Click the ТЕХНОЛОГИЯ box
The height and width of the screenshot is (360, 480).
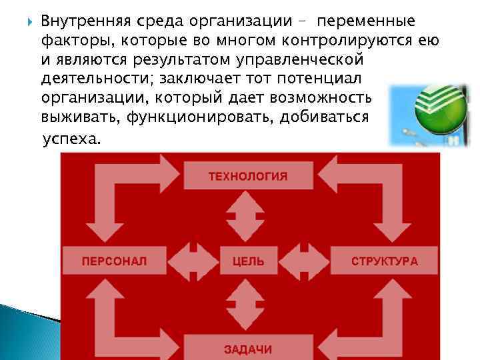tap(248, 176)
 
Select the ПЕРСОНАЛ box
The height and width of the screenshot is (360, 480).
tap(114, 261)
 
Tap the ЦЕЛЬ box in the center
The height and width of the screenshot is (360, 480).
tap(248, 261)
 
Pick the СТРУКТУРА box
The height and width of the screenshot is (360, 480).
tap(384, 261)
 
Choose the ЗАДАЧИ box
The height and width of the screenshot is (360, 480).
tap(248, 348)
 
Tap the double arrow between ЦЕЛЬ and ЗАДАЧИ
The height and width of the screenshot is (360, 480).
tap(248, 303)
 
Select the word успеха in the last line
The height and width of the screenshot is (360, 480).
tap(72, 141)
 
